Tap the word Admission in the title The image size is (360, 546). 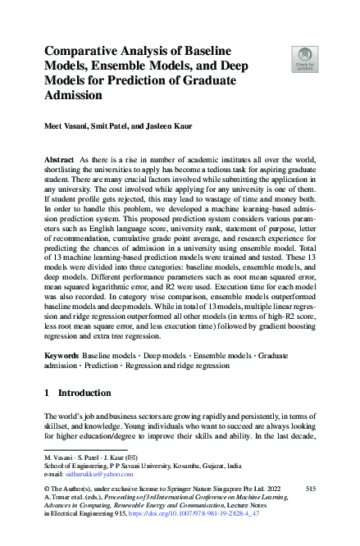click(x=73, y=95)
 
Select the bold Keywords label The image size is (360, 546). click(x=62, y=357)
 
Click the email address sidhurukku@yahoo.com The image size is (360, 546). click(x=97, y=475)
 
